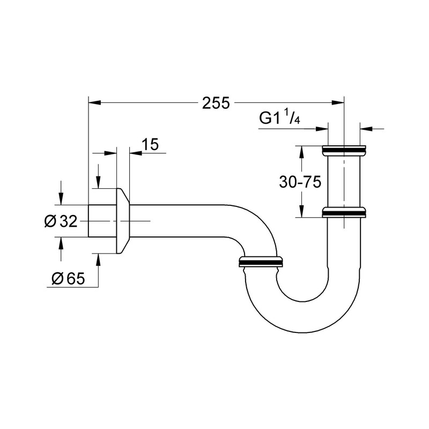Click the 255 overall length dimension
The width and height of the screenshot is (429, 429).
(216, 102)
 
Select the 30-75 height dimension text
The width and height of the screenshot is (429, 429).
(300, 182)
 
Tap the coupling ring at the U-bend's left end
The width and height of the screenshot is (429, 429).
(261, 262)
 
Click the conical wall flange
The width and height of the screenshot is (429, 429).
(123, 220)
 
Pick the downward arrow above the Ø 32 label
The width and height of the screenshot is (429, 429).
(61, 198)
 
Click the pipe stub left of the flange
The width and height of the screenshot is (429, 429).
(101, 220)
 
